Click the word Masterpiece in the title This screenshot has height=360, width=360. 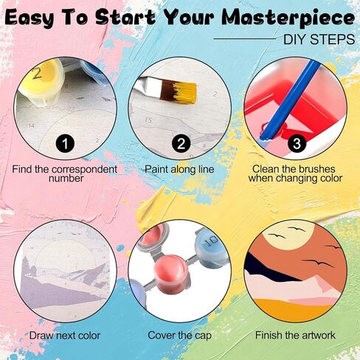(x=288, y=18)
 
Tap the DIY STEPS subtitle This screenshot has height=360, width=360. (x=319, y=39)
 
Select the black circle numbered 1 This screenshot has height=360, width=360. (x=65, y=143)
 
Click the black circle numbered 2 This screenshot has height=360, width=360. (x=181, y=143)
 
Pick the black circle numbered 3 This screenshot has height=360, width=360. (x=297, y=143)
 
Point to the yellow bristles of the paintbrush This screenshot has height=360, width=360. (x=184, y=93)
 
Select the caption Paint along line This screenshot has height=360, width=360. (x=179, y=169)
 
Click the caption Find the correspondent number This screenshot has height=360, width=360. (x=65, y=173)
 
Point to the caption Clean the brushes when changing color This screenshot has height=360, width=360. (x=295, y=173)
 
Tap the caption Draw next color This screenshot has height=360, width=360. (x=65, y=336)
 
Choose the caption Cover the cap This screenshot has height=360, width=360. (x=179, y=336)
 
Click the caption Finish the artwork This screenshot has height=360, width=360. (x=295, y=335)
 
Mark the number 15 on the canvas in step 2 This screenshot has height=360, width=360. (x=148, y=120)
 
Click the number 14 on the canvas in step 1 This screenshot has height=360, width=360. (x=31, y=126)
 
